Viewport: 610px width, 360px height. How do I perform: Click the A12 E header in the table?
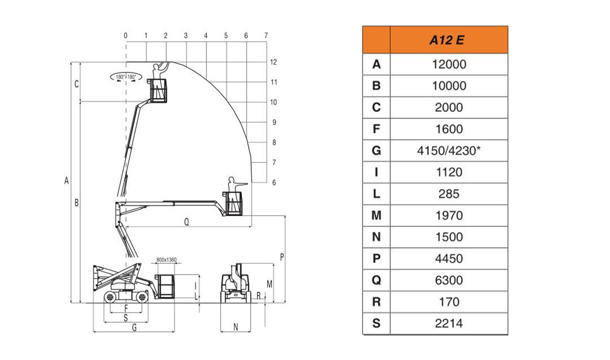pos(447,40)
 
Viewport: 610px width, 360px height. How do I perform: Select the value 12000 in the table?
pos(449,65)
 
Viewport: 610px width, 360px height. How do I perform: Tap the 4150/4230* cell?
pos(449,151)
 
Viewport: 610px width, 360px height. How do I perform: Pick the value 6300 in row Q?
pos(449,280)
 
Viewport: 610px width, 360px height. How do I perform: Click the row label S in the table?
pos(376,323)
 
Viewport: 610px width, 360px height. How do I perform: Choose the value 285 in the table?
pos(449,194)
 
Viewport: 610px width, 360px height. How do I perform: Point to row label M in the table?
pos(376,216)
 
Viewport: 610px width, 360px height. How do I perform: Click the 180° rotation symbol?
pos(126,77)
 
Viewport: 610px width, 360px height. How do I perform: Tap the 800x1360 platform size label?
pos(166,260)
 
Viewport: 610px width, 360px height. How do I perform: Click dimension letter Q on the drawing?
pos(187,222)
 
